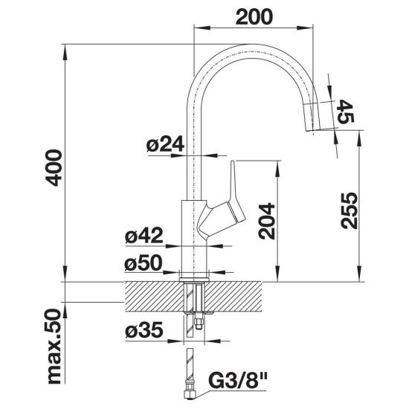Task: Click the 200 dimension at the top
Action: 254,17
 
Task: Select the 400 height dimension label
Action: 54,168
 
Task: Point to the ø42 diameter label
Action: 144,235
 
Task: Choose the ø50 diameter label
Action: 144,263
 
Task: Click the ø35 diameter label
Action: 144,329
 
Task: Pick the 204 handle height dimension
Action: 266,221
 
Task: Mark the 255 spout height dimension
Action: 349,210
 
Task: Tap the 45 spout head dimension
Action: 346,112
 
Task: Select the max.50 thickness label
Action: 54,347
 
